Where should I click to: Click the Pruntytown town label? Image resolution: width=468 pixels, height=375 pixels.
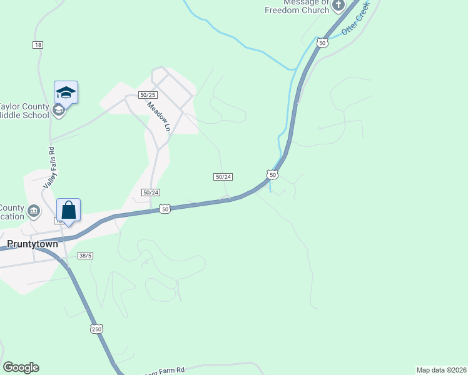[x=32, y=244]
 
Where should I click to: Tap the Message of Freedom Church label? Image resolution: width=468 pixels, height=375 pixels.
[x=297, y=7]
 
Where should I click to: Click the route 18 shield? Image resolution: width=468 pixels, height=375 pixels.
[x=38, y=44]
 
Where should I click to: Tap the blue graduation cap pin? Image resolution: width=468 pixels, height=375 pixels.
[x=66, y=93]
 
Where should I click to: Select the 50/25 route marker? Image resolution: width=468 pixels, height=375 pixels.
[x=148, y=94]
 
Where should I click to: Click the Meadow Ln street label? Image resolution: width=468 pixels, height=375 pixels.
[x=159, y=116]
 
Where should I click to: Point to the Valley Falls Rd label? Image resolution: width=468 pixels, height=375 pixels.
[x=49, y=169]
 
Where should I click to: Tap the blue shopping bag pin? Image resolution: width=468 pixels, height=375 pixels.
[x=69, y=210]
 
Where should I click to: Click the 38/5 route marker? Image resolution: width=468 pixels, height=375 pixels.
[x=86, y=256]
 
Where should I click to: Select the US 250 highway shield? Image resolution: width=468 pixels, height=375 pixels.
[x=96, y=329]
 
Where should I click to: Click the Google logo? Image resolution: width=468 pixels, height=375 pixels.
[x=21, y=367]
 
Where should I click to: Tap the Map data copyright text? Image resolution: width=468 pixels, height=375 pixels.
[x=441, y=369]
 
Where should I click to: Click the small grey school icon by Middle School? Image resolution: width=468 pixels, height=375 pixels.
[x=58, y=111]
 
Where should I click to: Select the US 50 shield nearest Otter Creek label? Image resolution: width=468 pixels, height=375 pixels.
[x=322, y=42]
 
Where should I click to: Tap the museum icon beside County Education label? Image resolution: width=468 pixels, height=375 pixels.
[x=34, y=210]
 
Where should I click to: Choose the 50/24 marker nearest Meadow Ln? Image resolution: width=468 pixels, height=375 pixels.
[x=150, y=192]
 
